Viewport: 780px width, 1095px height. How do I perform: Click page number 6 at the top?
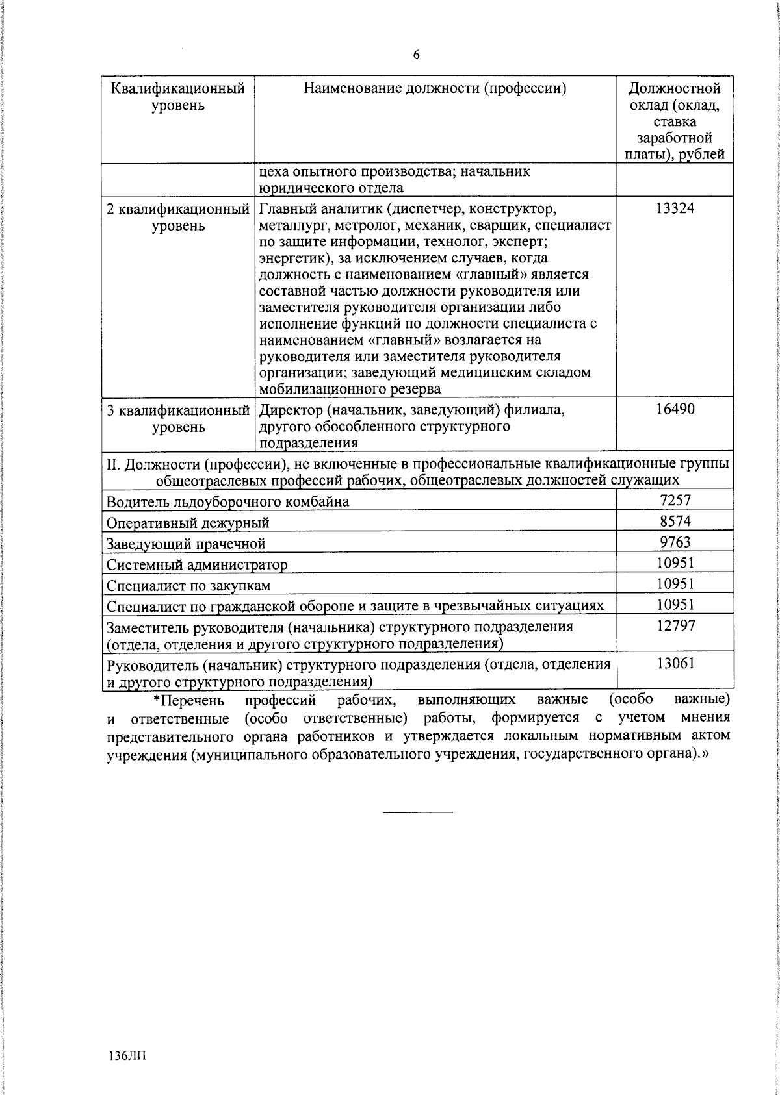click(416, 55)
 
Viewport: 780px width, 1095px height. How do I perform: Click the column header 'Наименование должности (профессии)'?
click(435, 89)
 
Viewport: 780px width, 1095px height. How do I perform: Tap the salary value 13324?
click(675, 208)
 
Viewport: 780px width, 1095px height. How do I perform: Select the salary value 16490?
click(675, 409)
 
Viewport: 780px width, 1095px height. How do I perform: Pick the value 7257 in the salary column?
click(675, 500)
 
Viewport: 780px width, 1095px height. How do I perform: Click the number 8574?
click(675, 521)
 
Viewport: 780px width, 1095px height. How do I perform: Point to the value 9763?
click(675, 542)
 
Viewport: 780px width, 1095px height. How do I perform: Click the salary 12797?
click(675, 625)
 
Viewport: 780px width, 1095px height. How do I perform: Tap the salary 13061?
click(675, 663)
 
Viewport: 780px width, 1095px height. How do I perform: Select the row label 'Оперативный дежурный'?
click(188, 523)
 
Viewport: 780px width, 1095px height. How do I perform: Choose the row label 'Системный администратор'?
click(197, 564)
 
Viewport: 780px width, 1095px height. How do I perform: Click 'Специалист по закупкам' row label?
click(188, 586)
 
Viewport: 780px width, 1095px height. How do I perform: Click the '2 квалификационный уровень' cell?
click(178, 218)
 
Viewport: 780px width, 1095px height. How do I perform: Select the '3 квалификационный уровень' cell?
click(178, 419)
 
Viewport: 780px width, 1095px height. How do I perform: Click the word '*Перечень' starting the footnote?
click(188, 700)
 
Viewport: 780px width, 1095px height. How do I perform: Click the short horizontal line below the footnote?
click(417, 812)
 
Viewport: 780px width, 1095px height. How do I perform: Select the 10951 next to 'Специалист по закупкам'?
click(675, 583)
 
